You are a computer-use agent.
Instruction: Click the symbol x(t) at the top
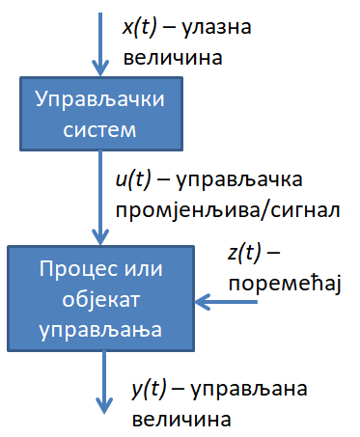(140, 27)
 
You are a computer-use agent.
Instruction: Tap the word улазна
(217, 28)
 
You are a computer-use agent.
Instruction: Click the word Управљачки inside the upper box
(100, 99)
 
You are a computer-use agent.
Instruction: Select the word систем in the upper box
(100, 130)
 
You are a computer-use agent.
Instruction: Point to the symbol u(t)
(133, 179)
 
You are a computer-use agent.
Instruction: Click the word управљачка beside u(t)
(239, 180)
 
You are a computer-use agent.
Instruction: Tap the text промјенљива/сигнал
(228, 211)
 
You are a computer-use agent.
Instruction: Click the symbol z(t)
(244, 253)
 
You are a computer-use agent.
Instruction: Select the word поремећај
(285, 284)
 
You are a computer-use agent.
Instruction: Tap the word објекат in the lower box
(101, 300)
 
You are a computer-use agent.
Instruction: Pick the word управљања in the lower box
(100, 331)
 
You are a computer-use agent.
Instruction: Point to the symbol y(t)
(150, 389)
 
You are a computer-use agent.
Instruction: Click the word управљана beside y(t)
(249, 390)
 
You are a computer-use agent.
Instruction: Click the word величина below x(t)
(173, 58)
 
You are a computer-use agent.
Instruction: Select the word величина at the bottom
(181, 420)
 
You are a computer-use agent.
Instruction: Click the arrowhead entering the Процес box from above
(100, 237)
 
